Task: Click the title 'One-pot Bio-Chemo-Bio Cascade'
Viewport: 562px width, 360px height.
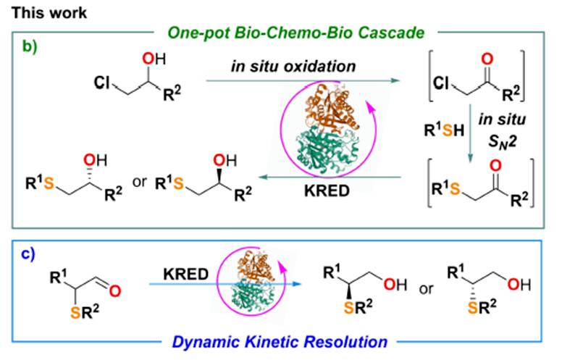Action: coord(282,32)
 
